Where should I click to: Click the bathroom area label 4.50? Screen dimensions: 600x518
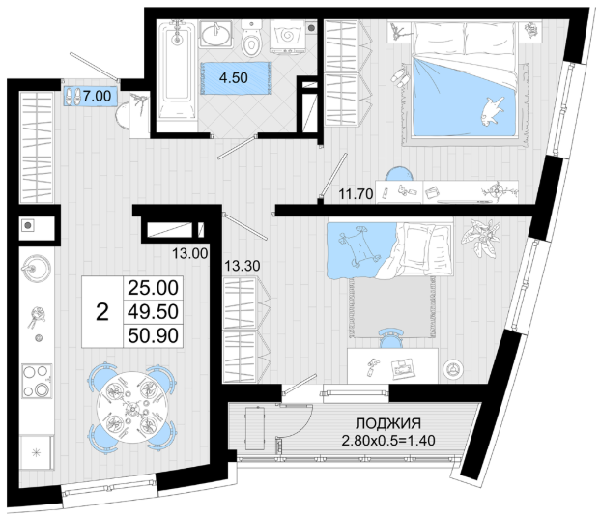click(234, 77)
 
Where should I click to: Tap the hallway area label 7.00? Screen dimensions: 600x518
click(98, 96)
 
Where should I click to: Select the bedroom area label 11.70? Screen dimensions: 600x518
click(356, 194)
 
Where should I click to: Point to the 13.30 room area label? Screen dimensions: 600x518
click(243, 266)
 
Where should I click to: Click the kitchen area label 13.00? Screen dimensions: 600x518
click(189, 253)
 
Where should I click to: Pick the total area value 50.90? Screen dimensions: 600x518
click(153, 335)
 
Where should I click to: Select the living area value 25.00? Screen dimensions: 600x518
click(153, 288)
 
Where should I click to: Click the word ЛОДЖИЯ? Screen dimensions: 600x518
click(388, 424)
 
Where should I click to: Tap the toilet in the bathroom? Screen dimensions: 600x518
click(250, 39)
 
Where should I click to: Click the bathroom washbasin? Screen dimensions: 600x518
click(215, 35)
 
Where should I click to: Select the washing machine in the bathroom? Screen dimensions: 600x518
click(288, 37)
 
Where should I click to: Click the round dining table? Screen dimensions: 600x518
click(131, 408)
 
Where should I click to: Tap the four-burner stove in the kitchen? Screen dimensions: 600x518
click(37, 381)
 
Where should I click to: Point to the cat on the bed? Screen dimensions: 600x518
click(492, 110)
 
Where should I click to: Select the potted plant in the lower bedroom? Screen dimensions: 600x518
click(480, 238)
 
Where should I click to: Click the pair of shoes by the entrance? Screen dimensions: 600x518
click(71, 97)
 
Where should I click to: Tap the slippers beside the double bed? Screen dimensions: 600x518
click(400, 77)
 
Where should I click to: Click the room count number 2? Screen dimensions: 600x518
click(102, 312)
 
